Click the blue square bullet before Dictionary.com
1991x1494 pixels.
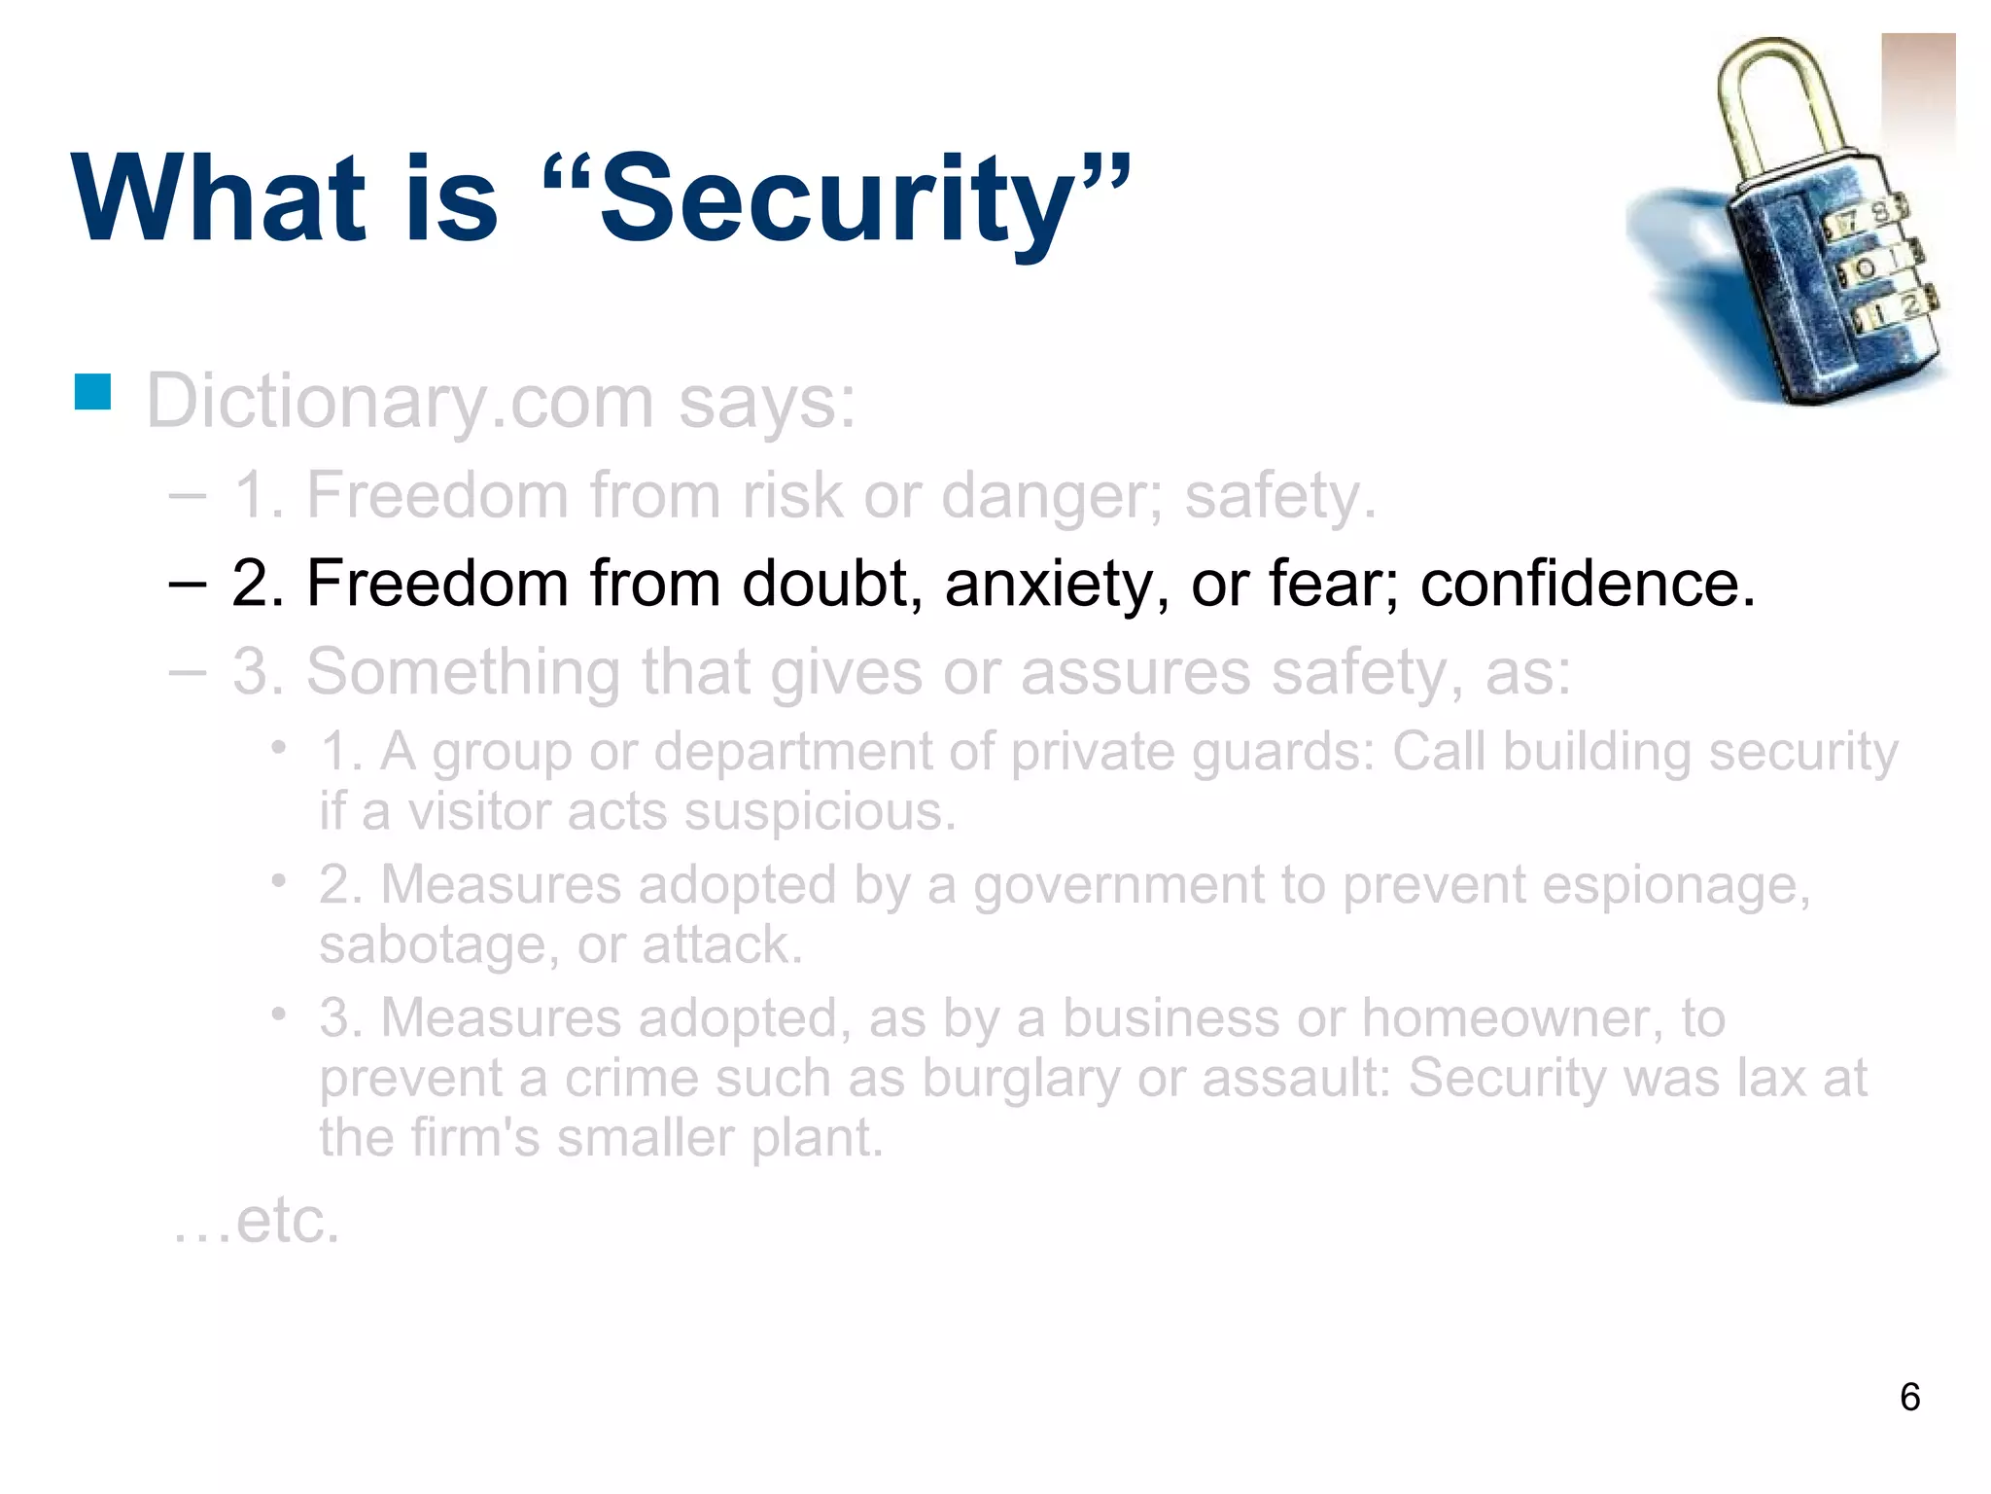coord(93,392)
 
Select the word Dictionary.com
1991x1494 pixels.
coord(400,402)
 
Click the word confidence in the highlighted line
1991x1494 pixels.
coord(1588,584)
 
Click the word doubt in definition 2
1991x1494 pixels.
coord(832,584)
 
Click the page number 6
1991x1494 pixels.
coord(1909,1398)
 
